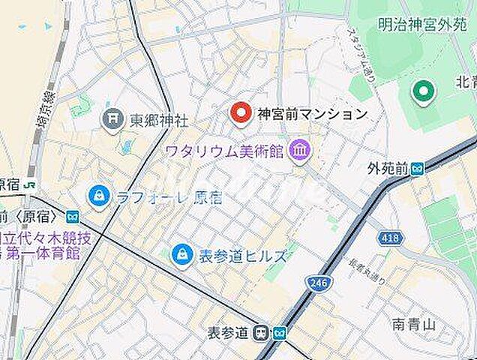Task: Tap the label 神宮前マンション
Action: [x=312, y=114]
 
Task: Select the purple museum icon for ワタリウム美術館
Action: [x=301, y=151]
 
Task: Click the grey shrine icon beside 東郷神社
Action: [x=112, y=119]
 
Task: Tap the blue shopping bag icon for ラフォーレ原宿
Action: [x=98, y=197]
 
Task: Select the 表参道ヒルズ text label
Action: [x=242, y=256]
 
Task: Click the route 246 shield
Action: [x=316, y=283]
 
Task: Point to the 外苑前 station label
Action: [x=387, y=169]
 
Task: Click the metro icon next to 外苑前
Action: [x=417, y=169]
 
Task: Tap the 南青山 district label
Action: [x=414, y=325]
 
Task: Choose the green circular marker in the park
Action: [x=423, y=93]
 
